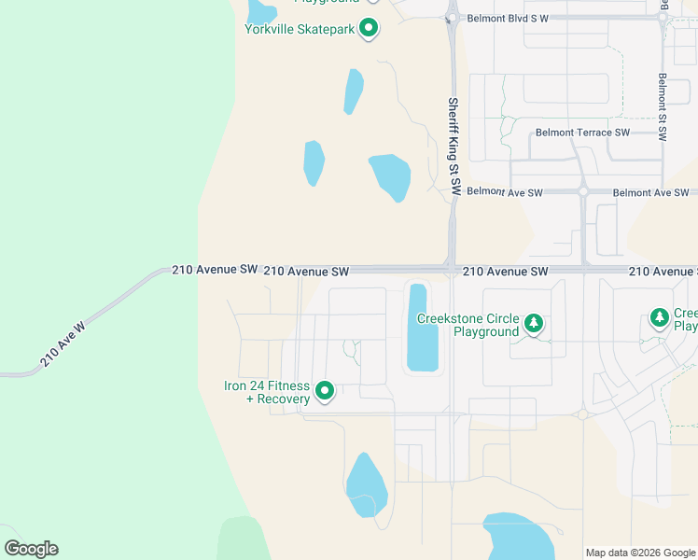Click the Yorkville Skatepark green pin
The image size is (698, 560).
[x=369, y=28]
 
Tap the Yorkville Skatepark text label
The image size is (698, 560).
[x=300, y=29]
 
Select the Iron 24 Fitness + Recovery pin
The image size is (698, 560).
[x=325, y=391]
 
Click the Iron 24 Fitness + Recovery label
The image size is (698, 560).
[x=267, y=393]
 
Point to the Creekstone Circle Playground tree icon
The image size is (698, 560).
[x=533, y=324]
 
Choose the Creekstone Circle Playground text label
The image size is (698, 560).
[x=468, y=325]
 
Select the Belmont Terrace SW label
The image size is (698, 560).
[x=582, y=133]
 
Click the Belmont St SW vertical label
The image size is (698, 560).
[x=662, y=106]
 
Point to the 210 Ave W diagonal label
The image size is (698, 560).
[x=63, y=344]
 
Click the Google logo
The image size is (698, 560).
[x=31, y=549]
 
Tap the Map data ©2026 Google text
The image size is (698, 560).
[x=640, y=553]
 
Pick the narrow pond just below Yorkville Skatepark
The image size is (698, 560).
[x=354, y=91]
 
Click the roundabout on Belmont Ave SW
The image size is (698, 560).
[x=582, y=191]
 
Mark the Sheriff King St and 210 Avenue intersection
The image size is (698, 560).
[x=452, y=271]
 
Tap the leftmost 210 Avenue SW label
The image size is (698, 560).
[x=215, y=270]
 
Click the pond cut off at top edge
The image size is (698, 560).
[x=261, y=11]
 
